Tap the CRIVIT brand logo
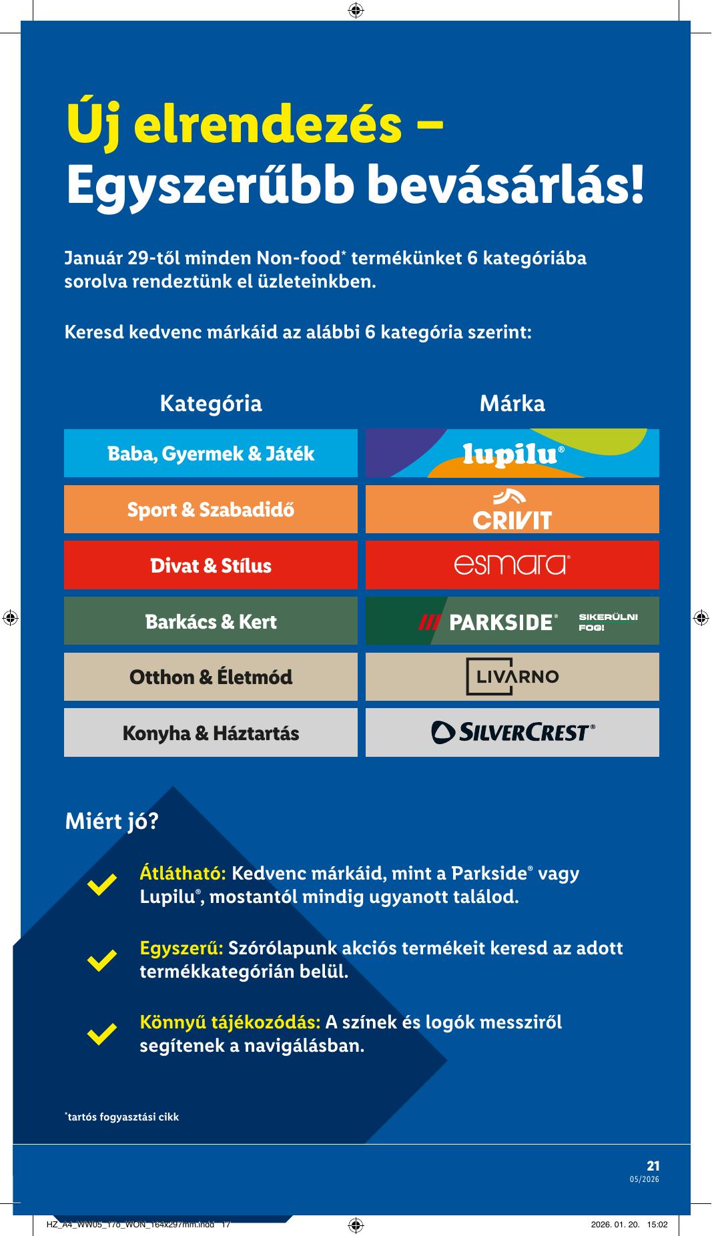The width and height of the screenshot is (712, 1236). point(512,511)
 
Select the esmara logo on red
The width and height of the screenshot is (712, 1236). point(512,565)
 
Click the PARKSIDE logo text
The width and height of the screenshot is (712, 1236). point(502,622)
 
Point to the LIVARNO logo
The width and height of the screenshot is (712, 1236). point(512,677)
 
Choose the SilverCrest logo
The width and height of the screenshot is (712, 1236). point(512,733)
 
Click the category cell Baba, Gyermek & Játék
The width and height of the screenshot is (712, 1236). point(211,454)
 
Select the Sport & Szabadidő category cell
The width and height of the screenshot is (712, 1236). point(211,510)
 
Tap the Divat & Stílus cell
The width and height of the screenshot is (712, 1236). point(211,566)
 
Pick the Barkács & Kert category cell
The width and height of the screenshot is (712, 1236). point(211,621)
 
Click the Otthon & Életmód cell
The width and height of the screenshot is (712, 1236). point(211,677)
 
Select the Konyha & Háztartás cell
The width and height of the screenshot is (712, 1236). point(211,733)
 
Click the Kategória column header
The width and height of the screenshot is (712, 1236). point(211,403)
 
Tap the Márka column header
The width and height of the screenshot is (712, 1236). point(512,403)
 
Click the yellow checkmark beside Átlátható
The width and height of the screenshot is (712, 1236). point(102,885)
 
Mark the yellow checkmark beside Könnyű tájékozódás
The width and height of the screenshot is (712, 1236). point(102,1033)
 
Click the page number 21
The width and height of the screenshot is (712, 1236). point(653,1166)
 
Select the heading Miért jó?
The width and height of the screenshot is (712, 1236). point(111,822)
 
